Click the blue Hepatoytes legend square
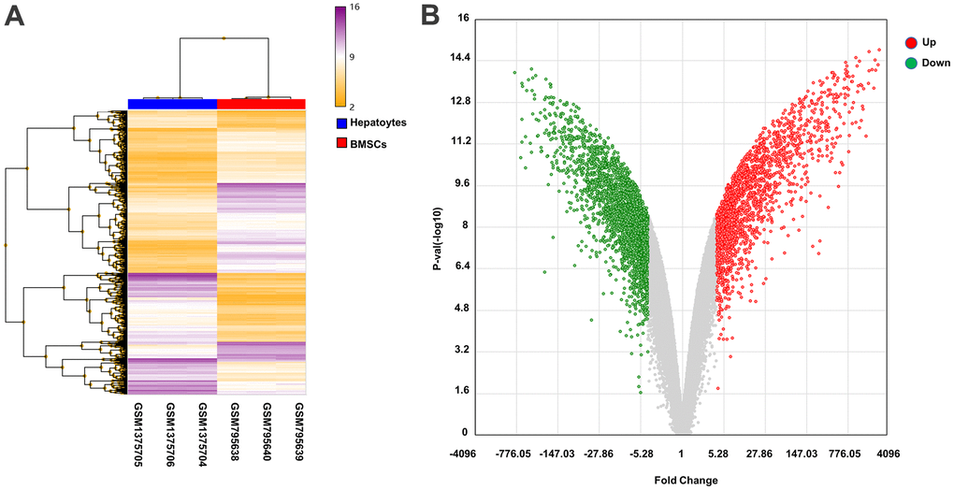tap(342, 122)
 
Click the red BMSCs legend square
tap(342, 144)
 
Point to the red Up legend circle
tap(910, 42)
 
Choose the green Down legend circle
tap(910, 63)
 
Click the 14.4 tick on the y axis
tap(459, 59)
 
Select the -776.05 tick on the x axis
tap(514, 454)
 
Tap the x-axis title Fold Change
tap(687, 481)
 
